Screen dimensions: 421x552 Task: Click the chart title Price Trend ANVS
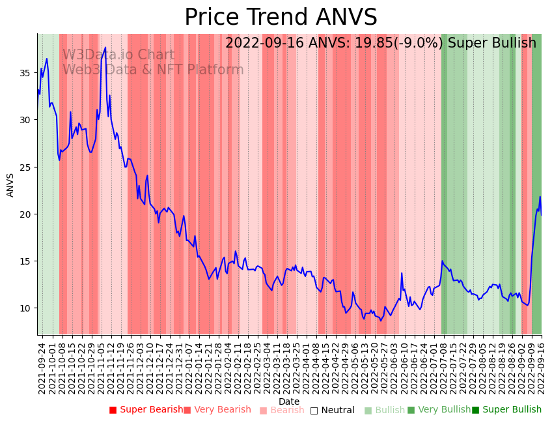[281, 18]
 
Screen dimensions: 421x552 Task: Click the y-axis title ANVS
[10, 185]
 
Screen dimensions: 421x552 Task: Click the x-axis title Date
[289, 401]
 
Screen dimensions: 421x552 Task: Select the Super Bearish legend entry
[146, 410]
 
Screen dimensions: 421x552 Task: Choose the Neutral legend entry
[332, 410]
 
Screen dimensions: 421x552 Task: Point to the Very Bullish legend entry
[439, 410]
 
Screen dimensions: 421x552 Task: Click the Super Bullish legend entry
[506, 410]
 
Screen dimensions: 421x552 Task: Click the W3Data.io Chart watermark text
[118, 55]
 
